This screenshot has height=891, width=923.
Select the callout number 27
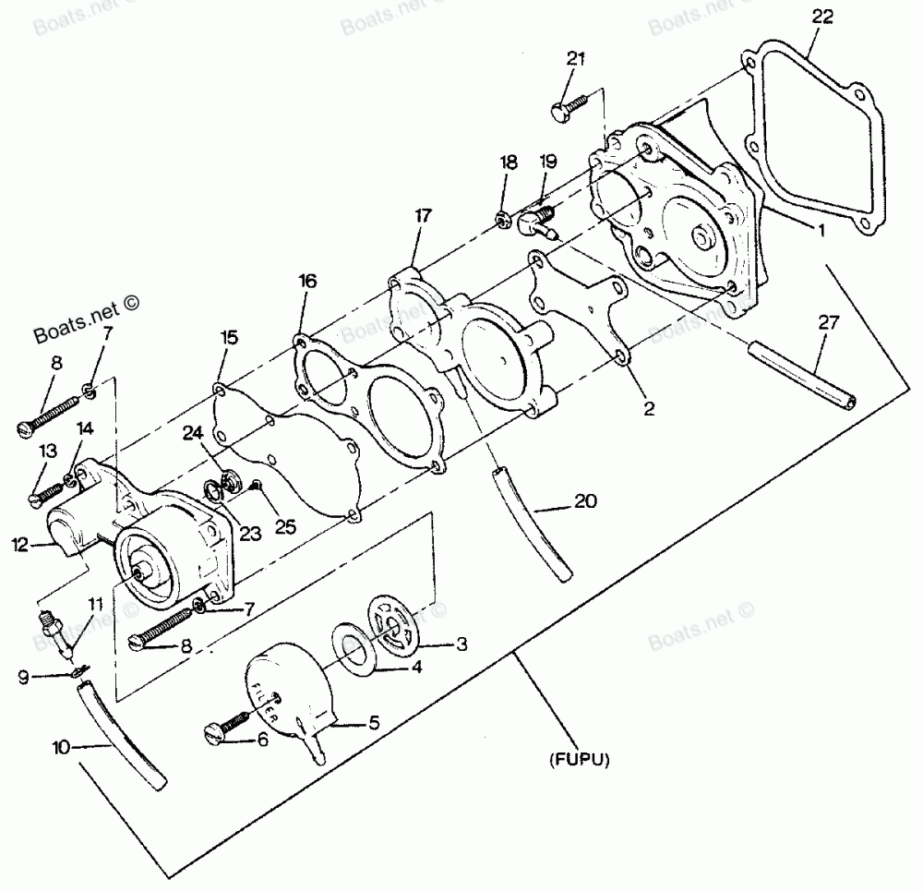point(830,322)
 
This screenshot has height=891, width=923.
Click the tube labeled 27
point(801,377)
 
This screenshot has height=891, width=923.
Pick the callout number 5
point(375,725)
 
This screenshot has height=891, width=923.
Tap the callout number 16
point(307,281)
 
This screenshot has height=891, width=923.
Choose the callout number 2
point(648,408)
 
